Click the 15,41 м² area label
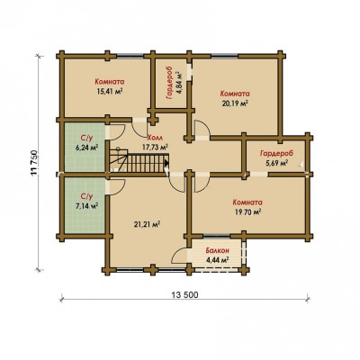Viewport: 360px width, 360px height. click(x=110, y=91)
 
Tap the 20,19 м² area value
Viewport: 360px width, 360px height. click(x=235, y=103)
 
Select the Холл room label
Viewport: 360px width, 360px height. click(x=155, y=138)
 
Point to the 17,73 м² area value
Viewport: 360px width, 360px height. click(x=155, y=147)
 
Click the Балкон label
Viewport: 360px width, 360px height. click(x=218, y=250)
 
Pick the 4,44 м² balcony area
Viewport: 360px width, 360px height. click(x=218, y=259)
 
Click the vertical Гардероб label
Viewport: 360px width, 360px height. click(x=169, y=82)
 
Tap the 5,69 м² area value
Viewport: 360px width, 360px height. click(x=276, y=163)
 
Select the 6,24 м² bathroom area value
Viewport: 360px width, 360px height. click(x=87, y=148)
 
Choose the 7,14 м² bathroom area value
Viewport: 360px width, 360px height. click(x=87, y=206)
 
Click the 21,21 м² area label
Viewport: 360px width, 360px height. click(x=147, y=224)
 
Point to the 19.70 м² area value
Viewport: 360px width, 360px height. click(x=247, y=211)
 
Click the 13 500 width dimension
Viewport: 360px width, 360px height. click(x=185, y=295)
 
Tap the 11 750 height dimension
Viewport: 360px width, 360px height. click(x=35, y=162)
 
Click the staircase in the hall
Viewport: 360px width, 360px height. click(x=139, y=162)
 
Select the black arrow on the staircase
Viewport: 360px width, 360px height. click(x=166, y=163)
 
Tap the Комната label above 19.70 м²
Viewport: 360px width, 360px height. click(x=247, y=202)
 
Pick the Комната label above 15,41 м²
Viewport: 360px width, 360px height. click(x=110, y=82)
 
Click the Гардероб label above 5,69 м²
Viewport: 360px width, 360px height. click(x=277, y=153)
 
